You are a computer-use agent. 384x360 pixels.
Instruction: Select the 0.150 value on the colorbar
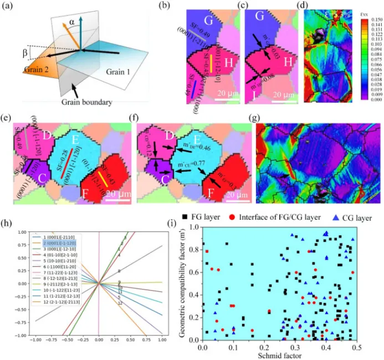pos(370,19)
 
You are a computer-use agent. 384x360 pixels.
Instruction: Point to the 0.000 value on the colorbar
pos(370,100)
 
